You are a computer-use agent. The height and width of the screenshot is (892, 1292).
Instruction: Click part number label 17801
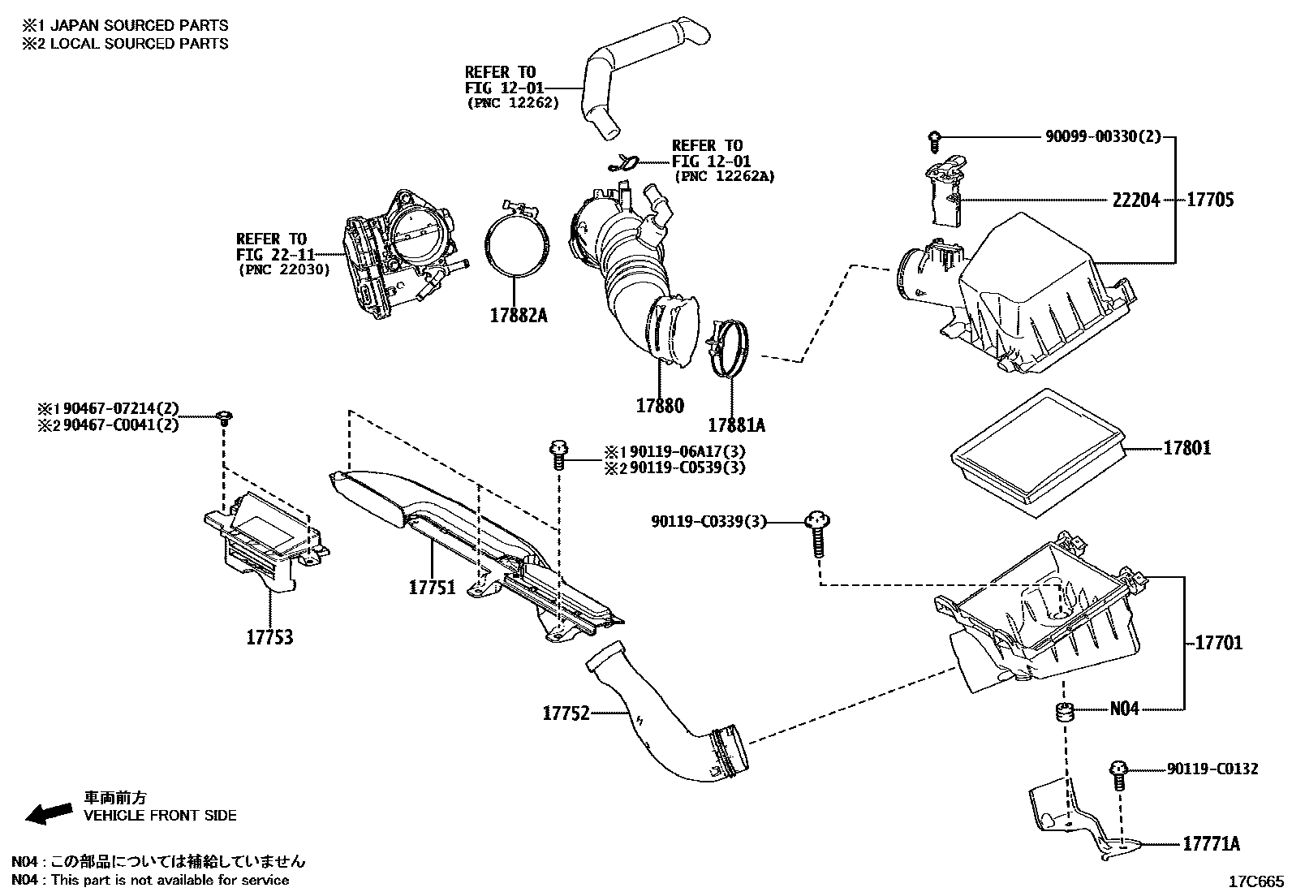[1186, 448]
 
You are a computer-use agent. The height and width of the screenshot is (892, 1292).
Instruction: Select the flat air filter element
[1038, 453]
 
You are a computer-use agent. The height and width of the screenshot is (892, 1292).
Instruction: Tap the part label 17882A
[519, 315]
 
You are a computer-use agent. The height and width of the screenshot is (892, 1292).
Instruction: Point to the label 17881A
[737, 425]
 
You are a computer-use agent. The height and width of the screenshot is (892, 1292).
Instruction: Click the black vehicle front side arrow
[49, 813]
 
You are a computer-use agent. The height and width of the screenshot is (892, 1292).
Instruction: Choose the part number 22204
[1135, 200]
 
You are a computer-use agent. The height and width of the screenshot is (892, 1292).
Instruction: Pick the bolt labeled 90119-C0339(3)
[818, 534]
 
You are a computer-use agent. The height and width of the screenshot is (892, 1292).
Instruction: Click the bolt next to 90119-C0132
[1118, 775]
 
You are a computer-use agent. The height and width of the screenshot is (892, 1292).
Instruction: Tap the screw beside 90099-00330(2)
[935, 142]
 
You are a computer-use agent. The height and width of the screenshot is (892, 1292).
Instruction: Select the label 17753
[269, 638]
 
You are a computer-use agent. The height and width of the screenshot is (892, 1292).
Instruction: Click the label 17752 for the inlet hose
[566, 713]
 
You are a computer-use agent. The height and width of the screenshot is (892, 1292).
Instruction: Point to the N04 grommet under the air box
[1064, 712]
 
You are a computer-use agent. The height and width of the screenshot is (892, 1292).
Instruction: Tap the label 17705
[1210, 200]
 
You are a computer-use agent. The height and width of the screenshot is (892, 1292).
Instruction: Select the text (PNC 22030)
[284, 269]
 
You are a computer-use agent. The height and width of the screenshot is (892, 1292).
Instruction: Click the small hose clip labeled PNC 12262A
[623, 163]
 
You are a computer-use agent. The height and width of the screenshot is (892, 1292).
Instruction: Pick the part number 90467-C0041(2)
[121, 425]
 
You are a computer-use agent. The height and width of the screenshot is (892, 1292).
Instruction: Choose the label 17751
[432, 588]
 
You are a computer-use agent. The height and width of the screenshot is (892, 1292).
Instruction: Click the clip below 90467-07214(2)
[224, 417]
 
